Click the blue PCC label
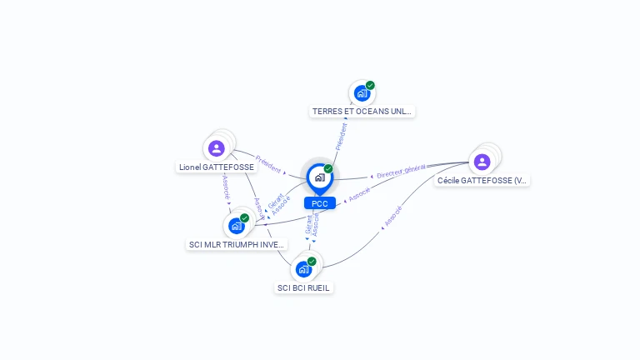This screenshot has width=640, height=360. [319, 203]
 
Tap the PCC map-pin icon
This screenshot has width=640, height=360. [319, 177]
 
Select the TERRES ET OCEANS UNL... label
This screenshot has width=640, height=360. [362, 111]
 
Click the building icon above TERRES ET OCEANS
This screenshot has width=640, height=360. [362, 92]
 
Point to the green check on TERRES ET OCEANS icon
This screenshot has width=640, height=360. [370, 85]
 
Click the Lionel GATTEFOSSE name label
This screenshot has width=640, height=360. [217, 167]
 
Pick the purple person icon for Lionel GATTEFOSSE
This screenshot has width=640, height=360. [217, 148]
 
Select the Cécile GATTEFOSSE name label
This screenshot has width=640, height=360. [482, 180]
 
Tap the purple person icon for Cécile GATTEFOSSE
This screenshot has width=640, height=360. [482, 162]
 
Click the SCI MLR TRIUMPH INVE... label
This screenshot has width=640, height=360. [237, 245]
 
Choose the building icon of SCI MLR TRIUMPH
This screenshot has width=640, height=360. [237, 226]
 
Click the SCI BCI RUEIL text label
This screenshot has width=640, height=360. [303, 287]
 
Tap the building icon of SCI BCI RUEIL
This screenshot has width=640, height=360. [303, 269]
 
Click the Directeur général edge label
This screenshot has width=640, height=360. [401, 172]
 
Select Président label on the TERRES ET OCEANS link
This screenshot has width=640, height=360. [341, 137]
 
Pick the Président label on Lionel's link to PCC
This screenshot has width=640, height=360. [268, 163]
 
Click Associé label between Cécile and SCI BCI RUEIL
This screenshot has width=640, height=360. [392, 217]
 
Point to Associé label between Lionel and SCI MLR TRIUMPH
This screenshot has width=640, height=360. [226, 188]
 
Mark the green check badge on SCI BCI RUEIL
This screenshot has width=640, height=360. [312, 262]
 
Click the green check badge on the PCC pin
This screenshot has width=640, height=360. [328, 168]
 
